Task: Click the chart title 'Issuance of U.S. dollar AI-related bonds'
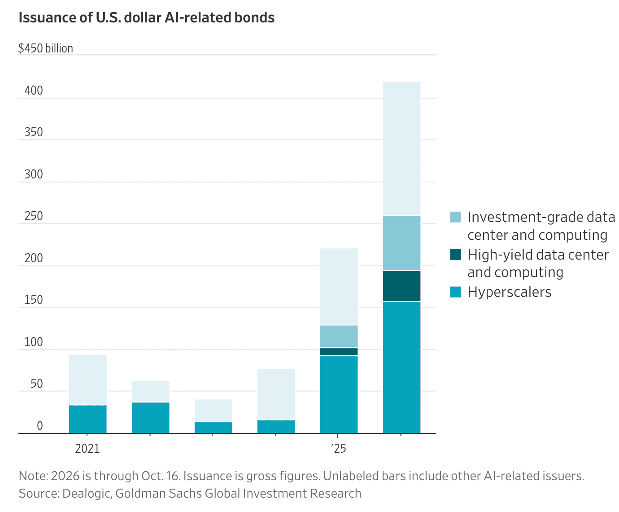point(146,18)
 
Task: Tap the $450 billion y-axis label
point(46,48)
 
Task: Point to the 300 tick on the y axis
point(34,174)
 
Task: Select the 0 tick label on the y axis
point(40,425)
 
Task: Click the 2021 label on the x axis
point(87,449)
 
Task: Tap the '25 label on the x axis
point(339,449)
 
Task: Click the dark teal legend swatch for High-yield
point(455,255)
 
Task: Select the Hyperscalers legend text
point(509,292)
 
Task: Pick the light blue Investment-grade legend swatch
point(455,217)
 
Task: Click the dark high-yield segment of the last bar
point(402,286)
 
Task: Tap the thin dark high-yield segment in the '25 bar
point(339,351)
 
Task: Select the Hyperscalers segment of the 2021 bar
point(88,419)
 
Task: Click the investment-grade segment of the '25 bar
point(339,336)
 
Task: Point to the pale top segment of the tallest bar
point(402,148)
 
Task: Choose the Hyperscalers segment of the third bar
point(214,428)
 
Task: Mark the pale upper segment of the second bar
point(151,391)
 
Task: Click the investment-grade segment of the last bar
point(402,243)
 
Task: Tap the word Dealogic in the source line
point(87,494)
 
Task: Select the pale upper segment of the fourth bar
point(276,395)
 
